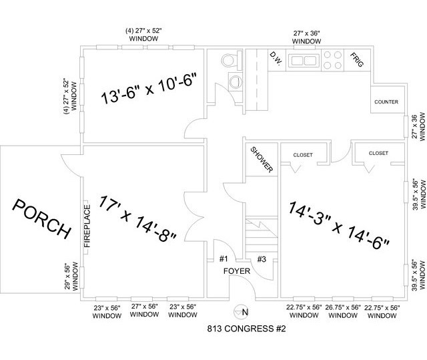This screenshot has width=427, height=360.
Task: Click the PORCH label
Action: (x=41, y=218)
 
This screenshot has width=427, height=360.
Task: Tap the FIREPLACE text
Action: (x=86, y=224)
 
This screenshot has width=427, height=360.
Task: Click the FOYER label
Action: (x=238, y=271)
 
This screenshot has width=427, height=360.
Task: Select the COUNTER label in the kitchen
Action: (x=386, y=102)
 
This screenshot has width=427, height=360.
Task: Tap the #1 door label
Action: (x=224, y=259)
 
